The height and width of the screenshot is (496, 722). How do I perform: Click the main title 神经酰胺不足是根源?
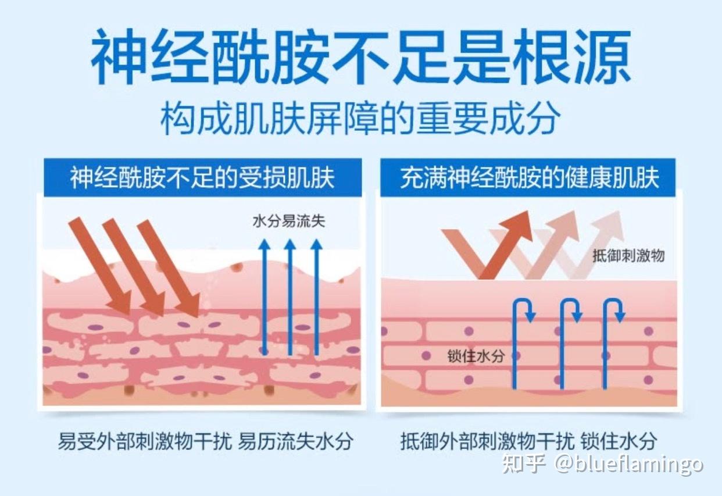tap(360, 58)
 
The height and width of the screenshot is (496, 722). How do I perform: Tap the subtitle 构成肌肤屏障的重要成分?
tap(360, 119)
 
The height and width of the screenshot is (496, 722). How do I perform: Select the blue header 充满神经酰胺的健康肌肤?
tap(529, 178)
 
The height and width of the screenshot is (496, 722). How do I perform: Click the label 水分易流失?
tap(289, 221)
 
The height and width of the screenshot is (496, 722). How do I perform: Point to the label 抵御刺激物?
tap(628, 255)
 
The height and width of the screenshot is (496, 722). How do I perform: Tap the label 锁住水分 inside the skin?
tap(476, 355)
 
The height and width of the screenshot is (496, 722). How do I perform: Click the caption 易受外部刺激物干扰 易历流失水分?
tap(205, 441)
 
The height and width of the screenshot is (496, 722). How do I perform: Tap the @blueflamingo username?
tap(628, 464)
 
